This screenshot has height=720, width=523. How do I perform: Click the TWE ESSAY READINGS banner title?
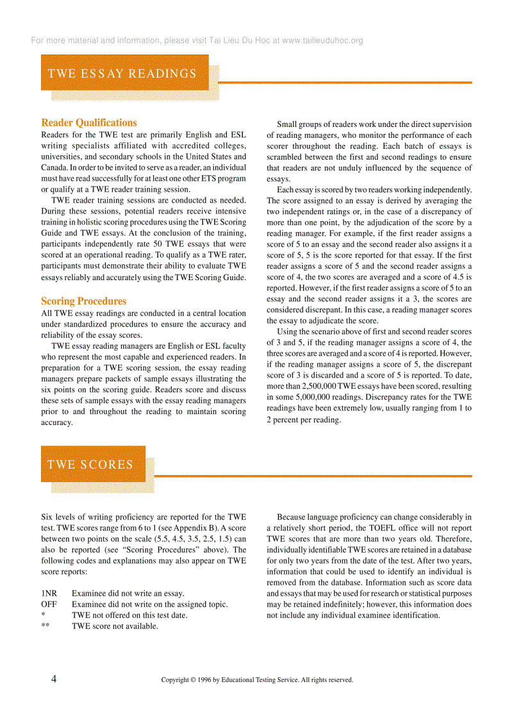(122, 73)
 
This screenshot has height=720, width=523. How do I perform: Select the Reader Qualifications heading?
(89, 122)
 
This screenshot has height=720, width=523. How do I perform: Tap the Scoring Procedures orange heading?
(84, 301)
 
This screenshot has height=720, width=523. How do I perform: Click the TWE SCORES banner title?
(90, 464)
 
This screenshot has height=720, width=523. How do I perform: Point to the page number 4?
(54, 679)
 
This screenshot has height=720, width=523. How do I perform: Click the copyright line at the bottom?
(257, 680)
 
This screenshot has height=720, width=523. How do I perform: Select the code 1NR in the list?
(49, 593)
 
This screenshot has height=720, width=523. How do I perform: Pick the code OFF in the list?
(49, 604)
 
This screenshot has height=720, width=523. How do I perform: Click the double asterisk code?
(45, 626)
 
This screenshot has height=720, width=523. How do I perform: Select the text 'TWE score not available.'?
(115, 626)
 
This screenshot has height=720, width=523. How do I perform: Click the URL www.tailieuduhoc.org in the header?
(322, 40)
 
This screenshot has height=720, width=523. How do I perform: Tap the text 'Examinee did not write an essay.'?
(128, 593)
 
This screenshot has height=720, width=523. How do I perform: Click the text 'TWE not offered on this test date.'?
(129, 615)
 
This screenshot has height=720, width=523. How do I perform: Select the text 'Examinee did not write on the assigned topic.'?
(150, 604)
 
